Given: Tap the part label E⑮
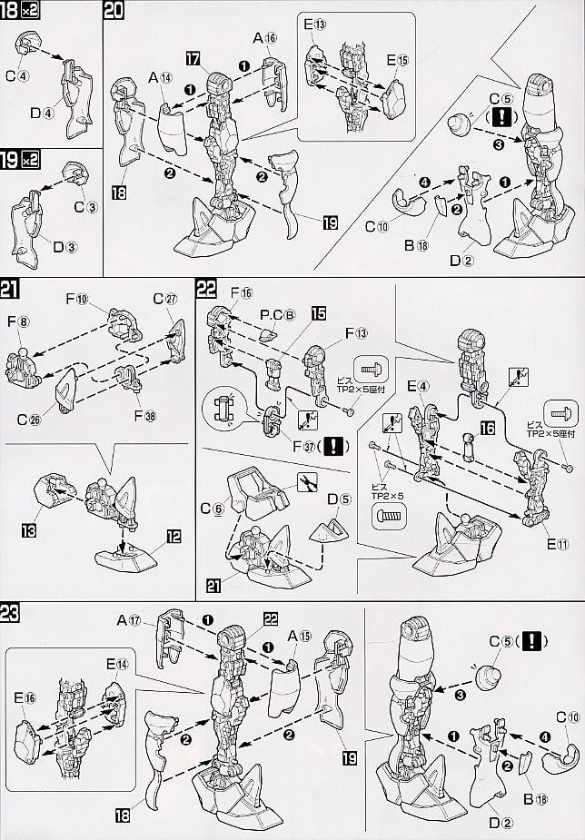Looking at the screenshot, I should pyautogui.click(x=397, y=60).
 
